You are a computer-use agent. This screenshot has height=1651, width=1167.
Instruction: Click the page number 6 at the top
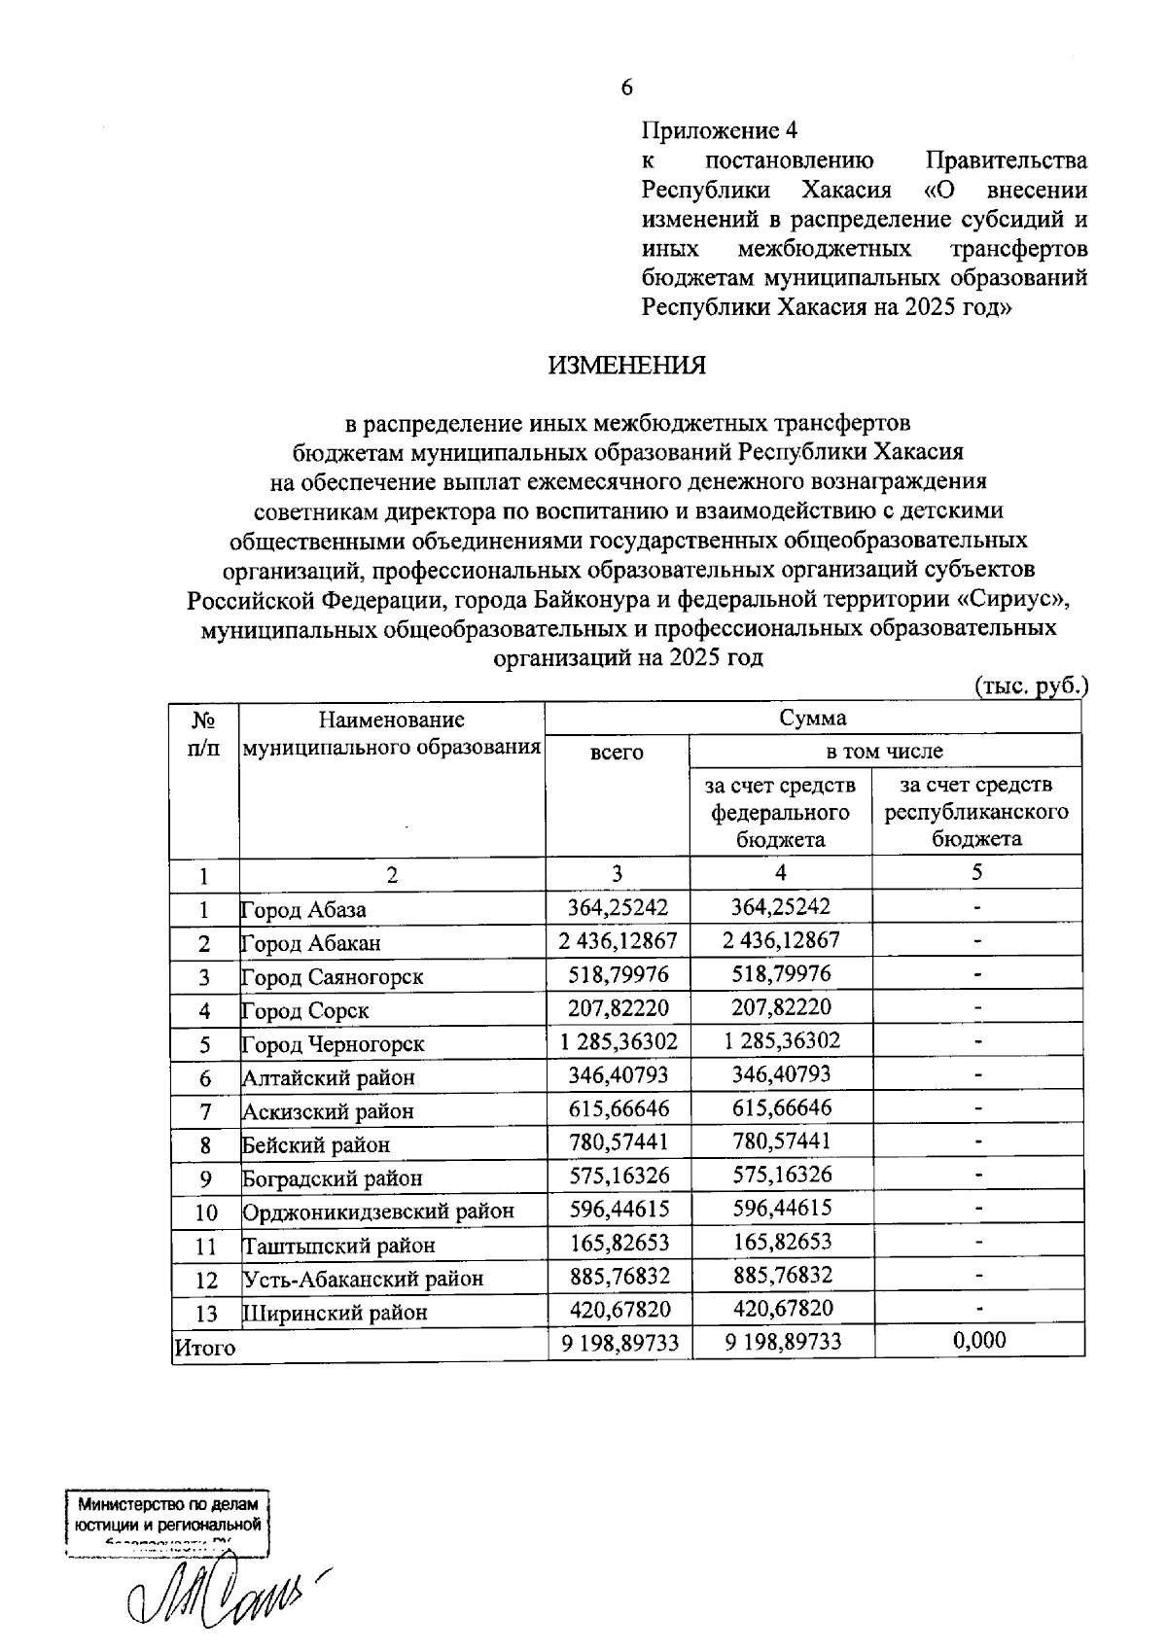click(627, 88)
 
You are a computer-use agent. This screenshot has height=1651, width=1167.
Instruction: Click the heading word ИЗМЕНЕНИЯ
click(627, 366)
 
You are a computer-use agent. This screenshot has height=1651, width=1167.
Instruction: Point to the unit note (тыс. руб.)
click(1032, 685)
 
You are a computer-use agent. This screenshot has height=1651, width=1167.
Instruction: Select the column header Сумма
click(812, 719)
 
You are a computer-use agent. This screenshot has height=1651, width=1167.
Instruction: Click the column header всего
click(618, 753)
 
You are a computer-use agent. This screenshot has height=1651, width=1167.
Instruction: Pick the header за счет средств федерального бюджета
click(781, 812)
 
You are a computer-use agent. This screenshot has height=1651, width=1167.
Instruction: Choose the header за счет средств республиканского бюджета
click(976, 812)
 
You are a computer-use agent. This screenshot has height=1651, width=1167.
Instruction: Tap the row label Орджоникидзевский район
click(378, 1212)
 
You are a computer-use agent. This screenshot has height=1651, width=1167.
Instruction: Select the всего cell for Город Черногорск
click(619, 1042)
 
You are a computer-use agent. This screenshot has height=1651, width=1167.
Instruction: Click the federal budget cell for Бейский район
click(782, 1142)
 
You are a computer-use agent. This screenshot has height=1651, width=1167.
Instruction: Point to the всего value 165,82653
click(619, 1244)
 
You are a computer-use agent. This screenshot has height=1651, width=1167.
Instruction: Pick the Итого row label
click(205, 1348)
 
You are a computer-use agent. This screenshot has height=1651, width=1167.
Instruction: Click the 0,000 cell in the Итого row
click(979, 1342)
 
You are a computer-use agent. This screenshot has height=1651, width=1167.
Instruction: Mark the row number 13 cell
click(206, 1314)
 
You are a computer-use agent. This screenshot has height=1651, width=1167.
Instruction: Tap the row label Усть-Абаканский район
click(363, 1279)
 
